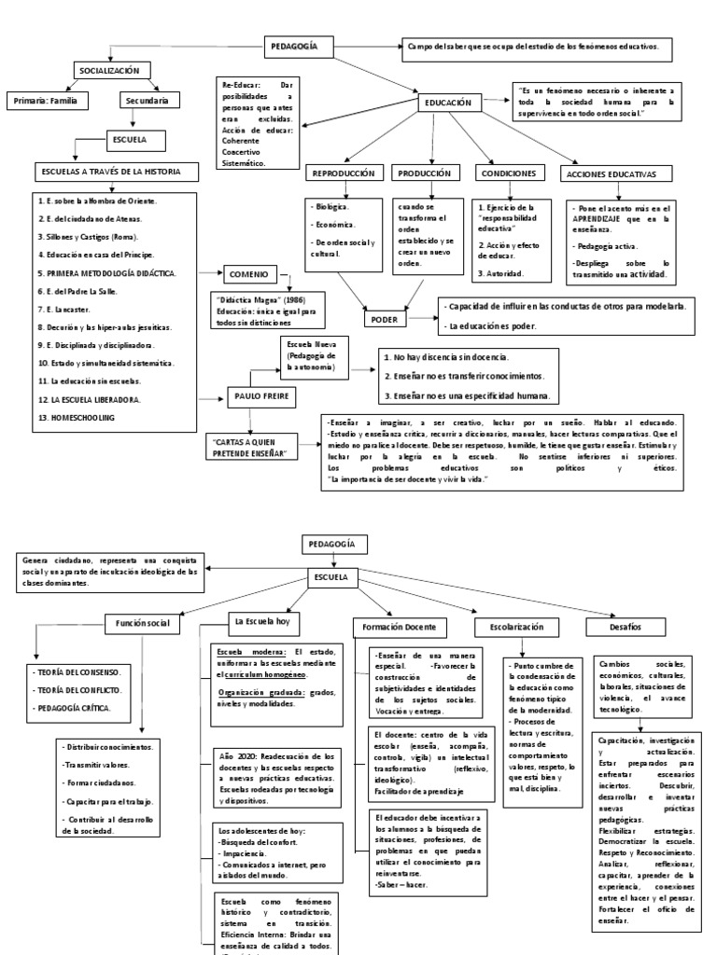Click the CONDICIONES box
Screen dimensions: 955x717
tap(509, 173)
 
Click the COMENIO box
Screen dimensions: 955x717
tap(252, 273)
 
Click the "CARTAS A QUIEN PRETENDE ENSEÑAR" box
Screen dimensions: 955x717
tap(255, 446)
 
